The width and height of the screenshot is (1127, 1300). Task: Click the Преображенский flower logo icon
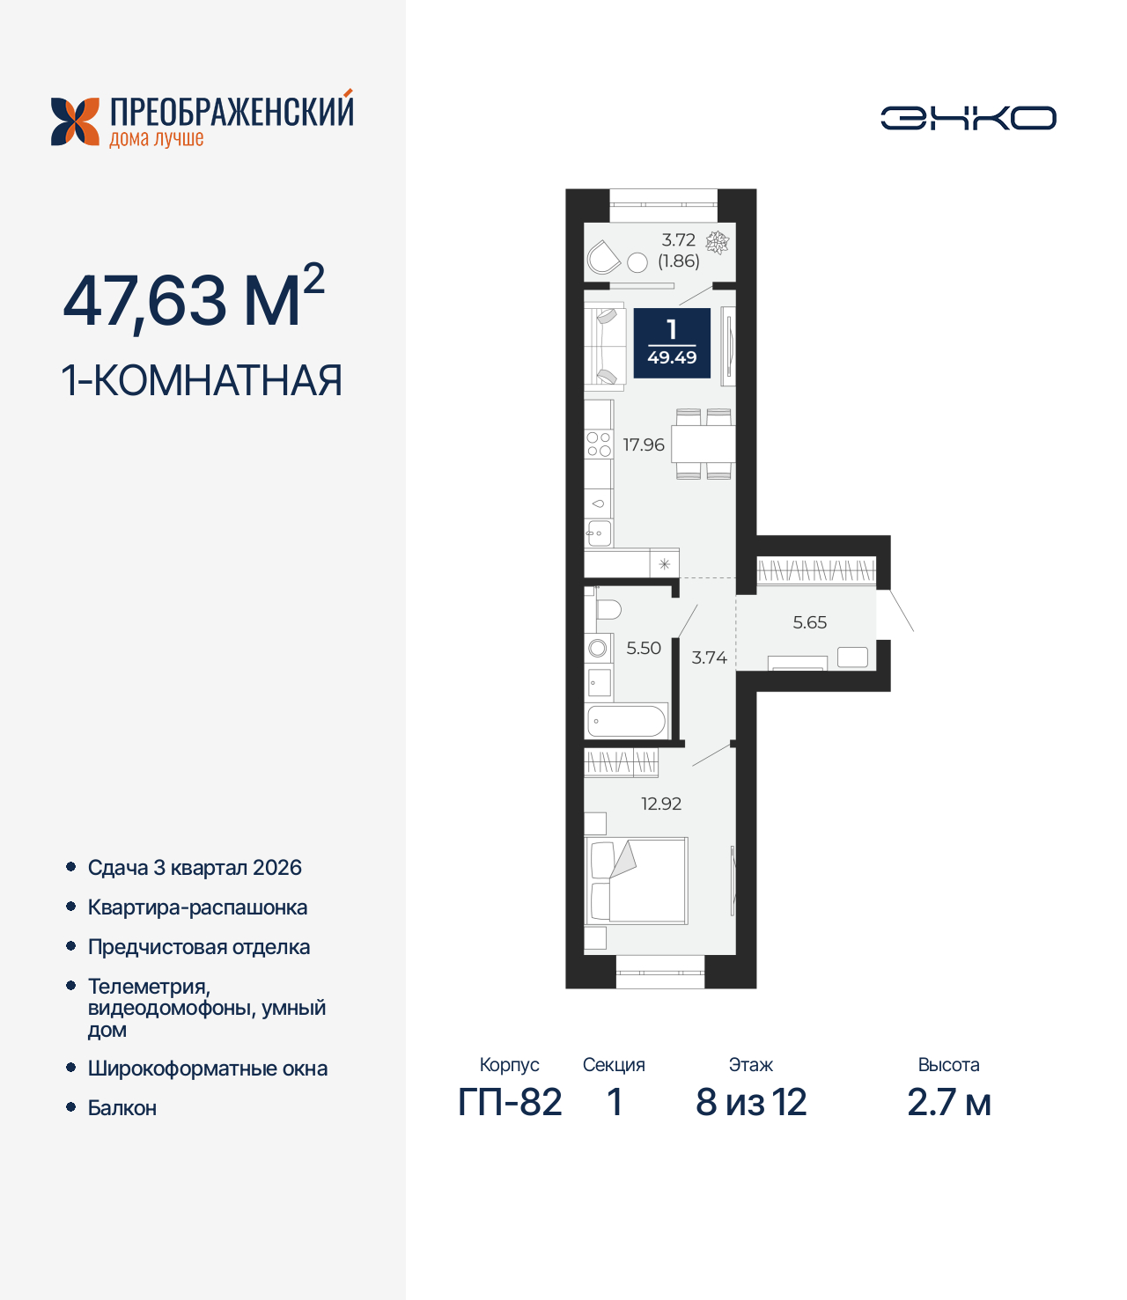[x=75, y=121]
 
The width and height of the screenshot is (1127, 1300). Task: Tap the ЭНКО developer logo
[x=968, y=118]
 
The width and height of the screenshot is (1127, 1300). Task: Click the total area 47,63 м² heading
[x=194, y=300]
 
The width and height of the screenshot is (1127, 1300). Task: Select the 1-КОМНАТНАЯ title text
[x=202, y=381]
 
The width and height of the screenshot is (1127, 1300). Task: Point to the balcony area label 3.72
[x=678, y=240]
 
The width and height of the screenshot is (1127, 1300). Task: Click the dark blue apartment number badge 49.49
[x=672, y=342]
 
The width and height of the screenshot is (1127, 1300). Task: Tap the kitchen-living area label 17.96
[x=644, y=445]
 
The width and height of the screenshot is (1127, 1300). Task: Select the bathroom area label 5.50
[x=644, y=649]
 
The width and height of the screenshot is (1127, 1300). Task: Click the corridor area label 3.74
[x=709, y=658]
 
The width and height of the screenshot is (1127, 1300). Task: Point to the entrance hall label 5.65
[x=809, y=623]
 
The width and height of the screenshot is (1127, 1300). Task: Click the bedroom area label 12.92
[x=661, y=804]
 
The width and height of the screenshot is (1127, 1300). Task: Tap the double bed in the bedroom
[x=637, y=880]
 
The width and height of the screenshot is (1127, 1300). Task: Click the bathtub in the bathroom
[x=627, y=722]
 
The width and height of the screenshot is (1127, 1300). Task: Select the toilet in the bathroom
[x=608, y=608]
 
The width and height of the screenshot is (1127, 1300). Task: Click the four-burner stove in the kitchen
[x=599, y=444]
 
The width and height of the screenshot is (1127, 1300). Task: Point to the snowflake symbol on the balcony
[x=718, y=242]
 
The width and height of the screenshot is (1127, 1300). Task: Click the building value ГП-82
[x=510, y=1103]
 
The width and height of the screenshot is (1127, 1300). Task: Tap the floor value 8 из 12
[x=751, y=1103]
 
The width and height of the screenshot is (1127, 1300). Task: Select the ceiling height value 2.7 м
[x=948, y=1103]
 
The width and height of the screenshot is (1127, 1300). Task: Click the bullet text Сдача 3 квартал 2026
[x=195, y=868]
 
